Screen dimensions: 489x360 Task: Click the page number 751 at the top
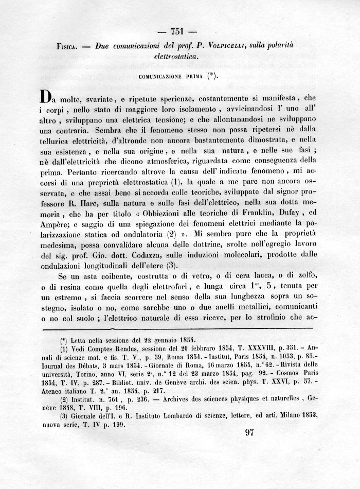[x=180, y=29]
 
